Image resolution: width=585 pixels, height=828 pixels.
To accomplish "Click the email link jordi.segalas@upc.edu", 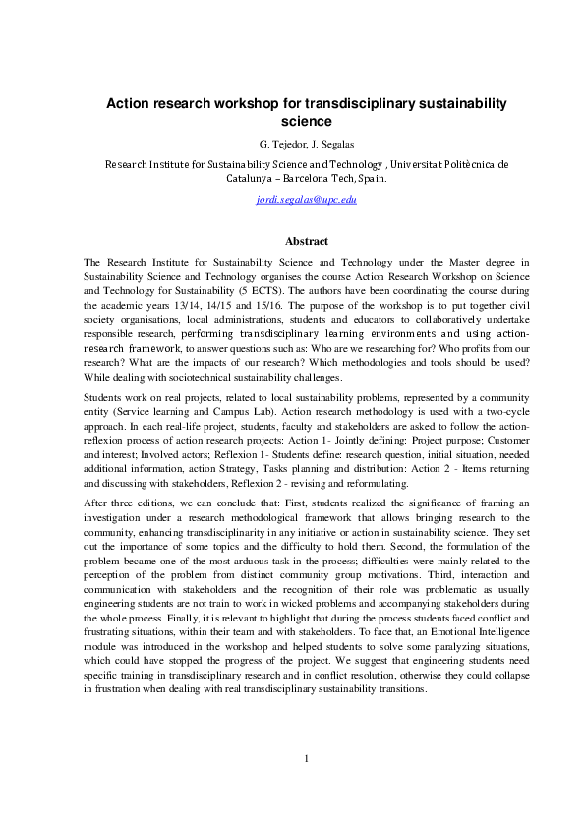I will click(306, 199).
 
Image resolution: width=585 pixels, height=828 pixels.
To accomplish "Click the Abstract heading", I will click(306, 241).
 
